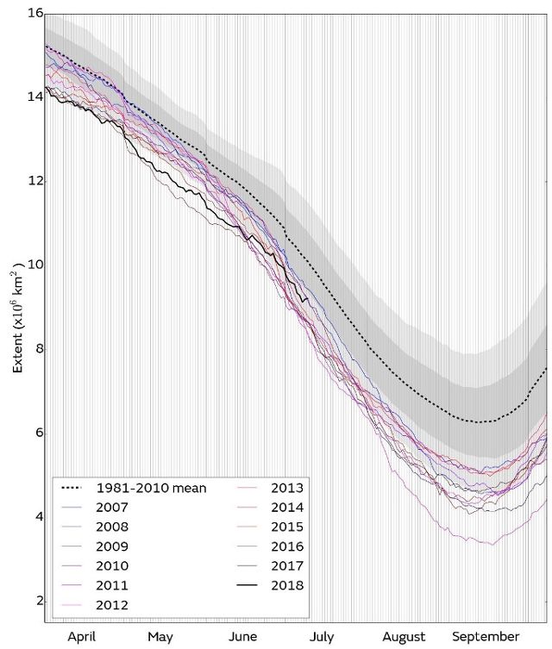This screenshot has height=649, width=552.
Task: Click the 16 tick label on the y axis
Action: click(x=35, y=13)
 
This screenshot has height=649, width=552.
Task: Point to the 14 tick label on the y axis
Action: click(x=35, y=97)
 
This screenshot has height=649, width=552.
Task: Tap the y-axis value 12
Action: click(x=35, y=180)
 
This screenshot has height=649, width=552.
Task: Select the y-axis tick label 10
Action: click(x=35, y=265)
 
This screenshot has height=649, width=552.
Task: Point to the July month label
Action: click(x=322, y=637)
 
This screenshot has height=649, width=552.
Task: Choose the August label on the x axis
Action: click(x=404, y=637)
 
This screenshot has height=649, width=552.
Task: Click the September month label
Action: click(x=486, y=637)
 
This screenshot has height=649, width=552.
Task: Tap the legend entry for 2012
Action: click(x=113, y=604)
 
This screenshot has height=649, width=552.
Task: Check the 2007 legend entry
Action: click(x=113, y=508)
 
